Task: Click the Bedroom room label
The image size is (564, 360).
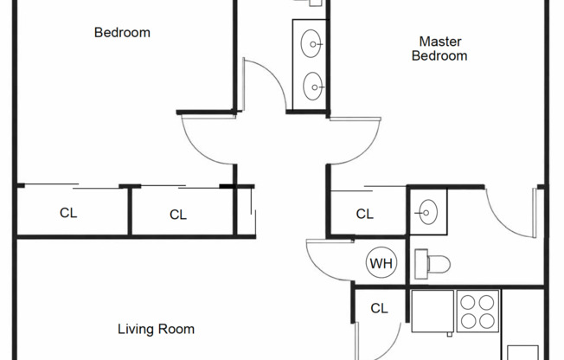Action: point(122,33)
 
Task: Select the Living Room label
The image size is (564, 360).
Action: point(156,329)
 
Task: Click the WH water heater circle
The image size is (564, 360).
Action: point(379,263)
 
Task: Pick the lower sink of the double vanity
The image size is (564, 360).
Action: point(312,85)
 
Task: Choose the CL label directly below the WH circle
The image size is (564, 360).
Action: point(379,308)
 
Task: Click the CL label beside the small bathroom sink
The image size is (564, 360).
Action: point(365,214)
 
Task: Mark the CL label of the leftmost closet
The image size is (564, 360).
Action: point(68,213)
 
